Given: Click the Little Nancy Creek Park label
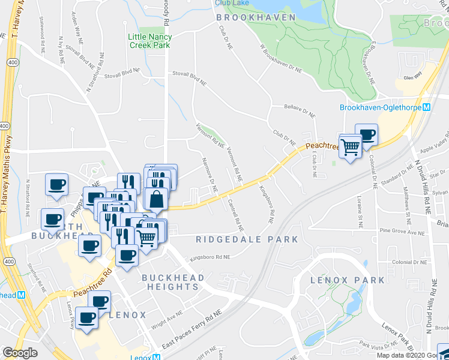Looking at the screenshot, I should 149,41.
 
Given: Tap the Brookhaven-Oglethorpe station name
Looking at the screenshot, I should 380,108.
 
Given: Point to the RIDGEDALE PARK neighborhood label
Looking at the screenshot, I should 247,239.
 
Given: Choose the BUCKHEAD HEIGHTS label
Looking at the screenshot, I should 173,282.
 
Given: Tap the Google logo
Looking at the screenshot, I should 20,353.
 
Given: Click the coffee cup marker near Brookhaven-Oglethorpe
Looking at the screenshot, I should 366,135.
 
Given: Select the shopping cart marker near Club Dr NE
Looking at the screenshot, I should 351,146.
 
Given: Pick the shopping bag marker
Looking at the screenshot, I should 155,198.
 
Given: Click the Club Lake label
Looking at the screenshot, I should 231,3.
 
